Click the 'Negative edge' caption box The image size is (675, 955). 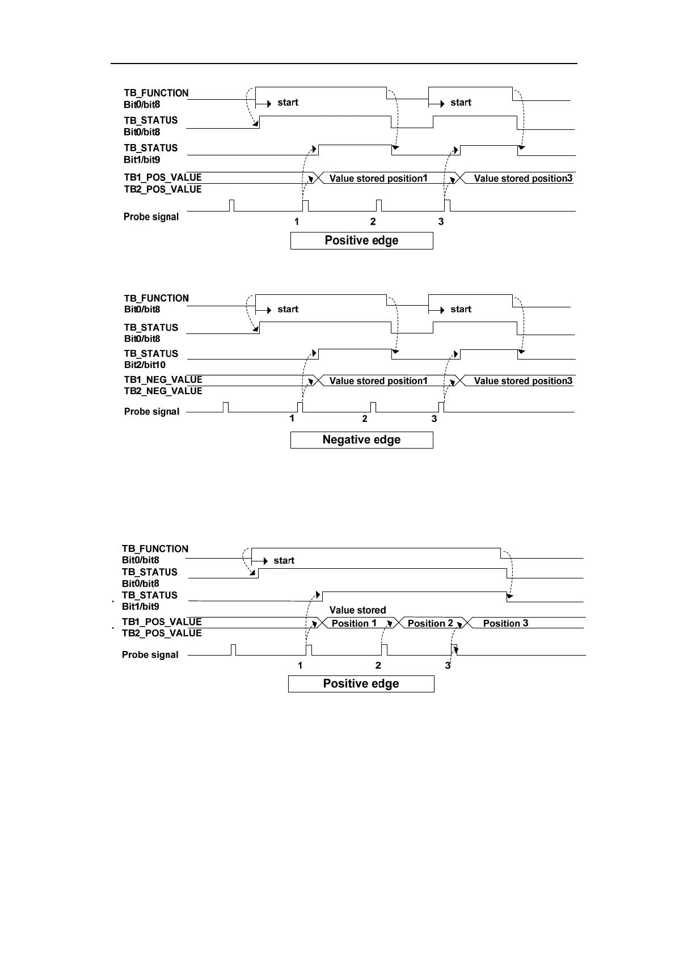point(361,440)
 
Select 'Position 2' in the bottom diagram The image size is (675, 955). point(430,623)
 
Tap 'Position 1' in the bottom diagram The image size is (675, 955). point(354,623)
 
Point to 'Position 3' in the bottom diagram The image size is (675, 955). point(505,623)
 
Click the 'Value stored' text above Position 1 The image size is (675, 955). point(357,610)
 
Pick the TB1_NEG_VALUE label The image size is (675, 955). point(163,380)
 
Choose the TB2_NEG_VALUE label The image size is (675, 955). point(163,391)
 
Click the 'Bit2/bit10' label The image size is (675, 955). point(145,365)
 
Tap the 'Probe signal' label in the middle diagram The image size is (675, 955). point(151,412)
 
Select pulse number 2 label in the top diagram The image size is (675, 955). point(373,222)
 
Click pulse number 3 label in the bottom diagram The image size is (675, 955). point(448,665)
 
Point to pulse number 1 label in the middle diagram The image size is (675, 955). point(292,419)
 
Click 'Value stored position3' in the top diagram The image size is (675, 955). point(523,179)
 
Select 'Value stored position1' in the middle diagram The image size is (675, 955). point(378,381)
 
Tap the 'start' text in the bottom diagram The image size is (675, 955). point(284,560)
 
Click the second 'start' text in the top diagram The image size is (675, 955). point(461,103)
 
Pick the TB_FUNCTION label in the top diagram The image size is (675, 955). point(156,93)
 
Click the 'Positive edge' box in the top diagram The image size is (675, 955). point(361,240)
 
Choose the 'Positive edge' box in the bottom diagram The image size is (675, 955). point(361,684)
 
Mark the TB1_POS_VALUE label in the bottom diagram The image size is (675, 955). point(162,622)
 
